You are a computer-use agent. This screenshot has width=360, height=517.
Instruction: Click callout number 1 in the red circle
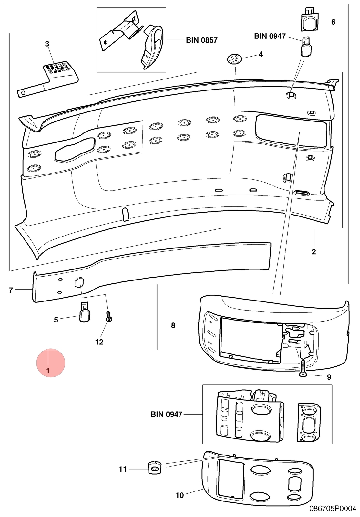48,371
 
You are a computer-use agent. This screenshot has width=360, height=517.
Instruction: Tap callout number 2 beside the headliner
314,252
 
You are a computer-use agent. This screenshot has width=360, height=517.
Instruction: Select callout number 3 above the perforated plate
47,44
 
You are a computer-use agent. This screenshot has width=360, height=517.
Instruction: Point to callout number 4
261,54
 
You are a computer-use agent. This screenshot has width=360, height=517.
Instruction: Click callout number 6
333,22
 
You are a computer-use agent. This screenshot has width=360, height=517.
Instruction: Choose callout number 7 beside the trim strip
11,290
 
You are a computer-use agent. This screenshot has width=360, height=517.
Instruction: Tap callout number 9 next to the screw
329,377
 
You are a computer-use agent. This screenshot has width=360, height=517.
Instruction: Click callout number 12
99,342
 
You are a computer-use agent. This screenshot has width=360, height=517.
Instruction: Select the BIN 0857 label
202,40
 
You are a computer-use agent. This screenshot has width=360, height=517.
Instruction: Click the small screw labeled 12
108,316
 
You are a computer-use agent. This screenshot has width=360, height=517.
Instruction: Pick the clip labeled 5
85,312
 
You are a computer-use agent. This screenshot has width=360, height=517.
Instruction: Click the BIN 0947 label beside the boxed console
167,414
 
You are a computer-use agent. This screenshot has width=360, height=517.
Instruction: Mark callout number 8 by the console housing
173,325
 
